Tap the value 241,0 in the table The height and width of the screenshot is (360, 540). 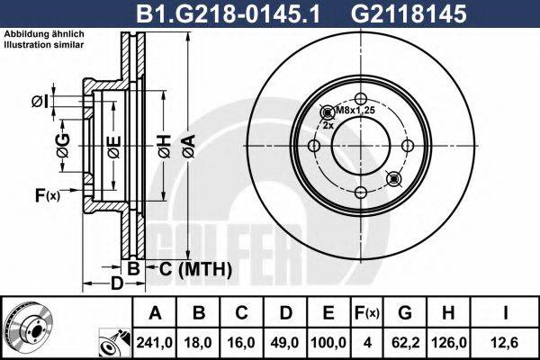157,341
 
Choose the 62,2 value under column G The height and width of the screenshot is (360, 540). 405,341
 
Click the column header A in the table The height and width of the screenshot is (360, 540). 157,313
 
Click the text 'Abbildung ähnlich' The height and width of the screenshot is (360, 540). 45,33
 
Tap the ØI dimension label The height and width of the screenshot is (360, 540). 39,100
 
